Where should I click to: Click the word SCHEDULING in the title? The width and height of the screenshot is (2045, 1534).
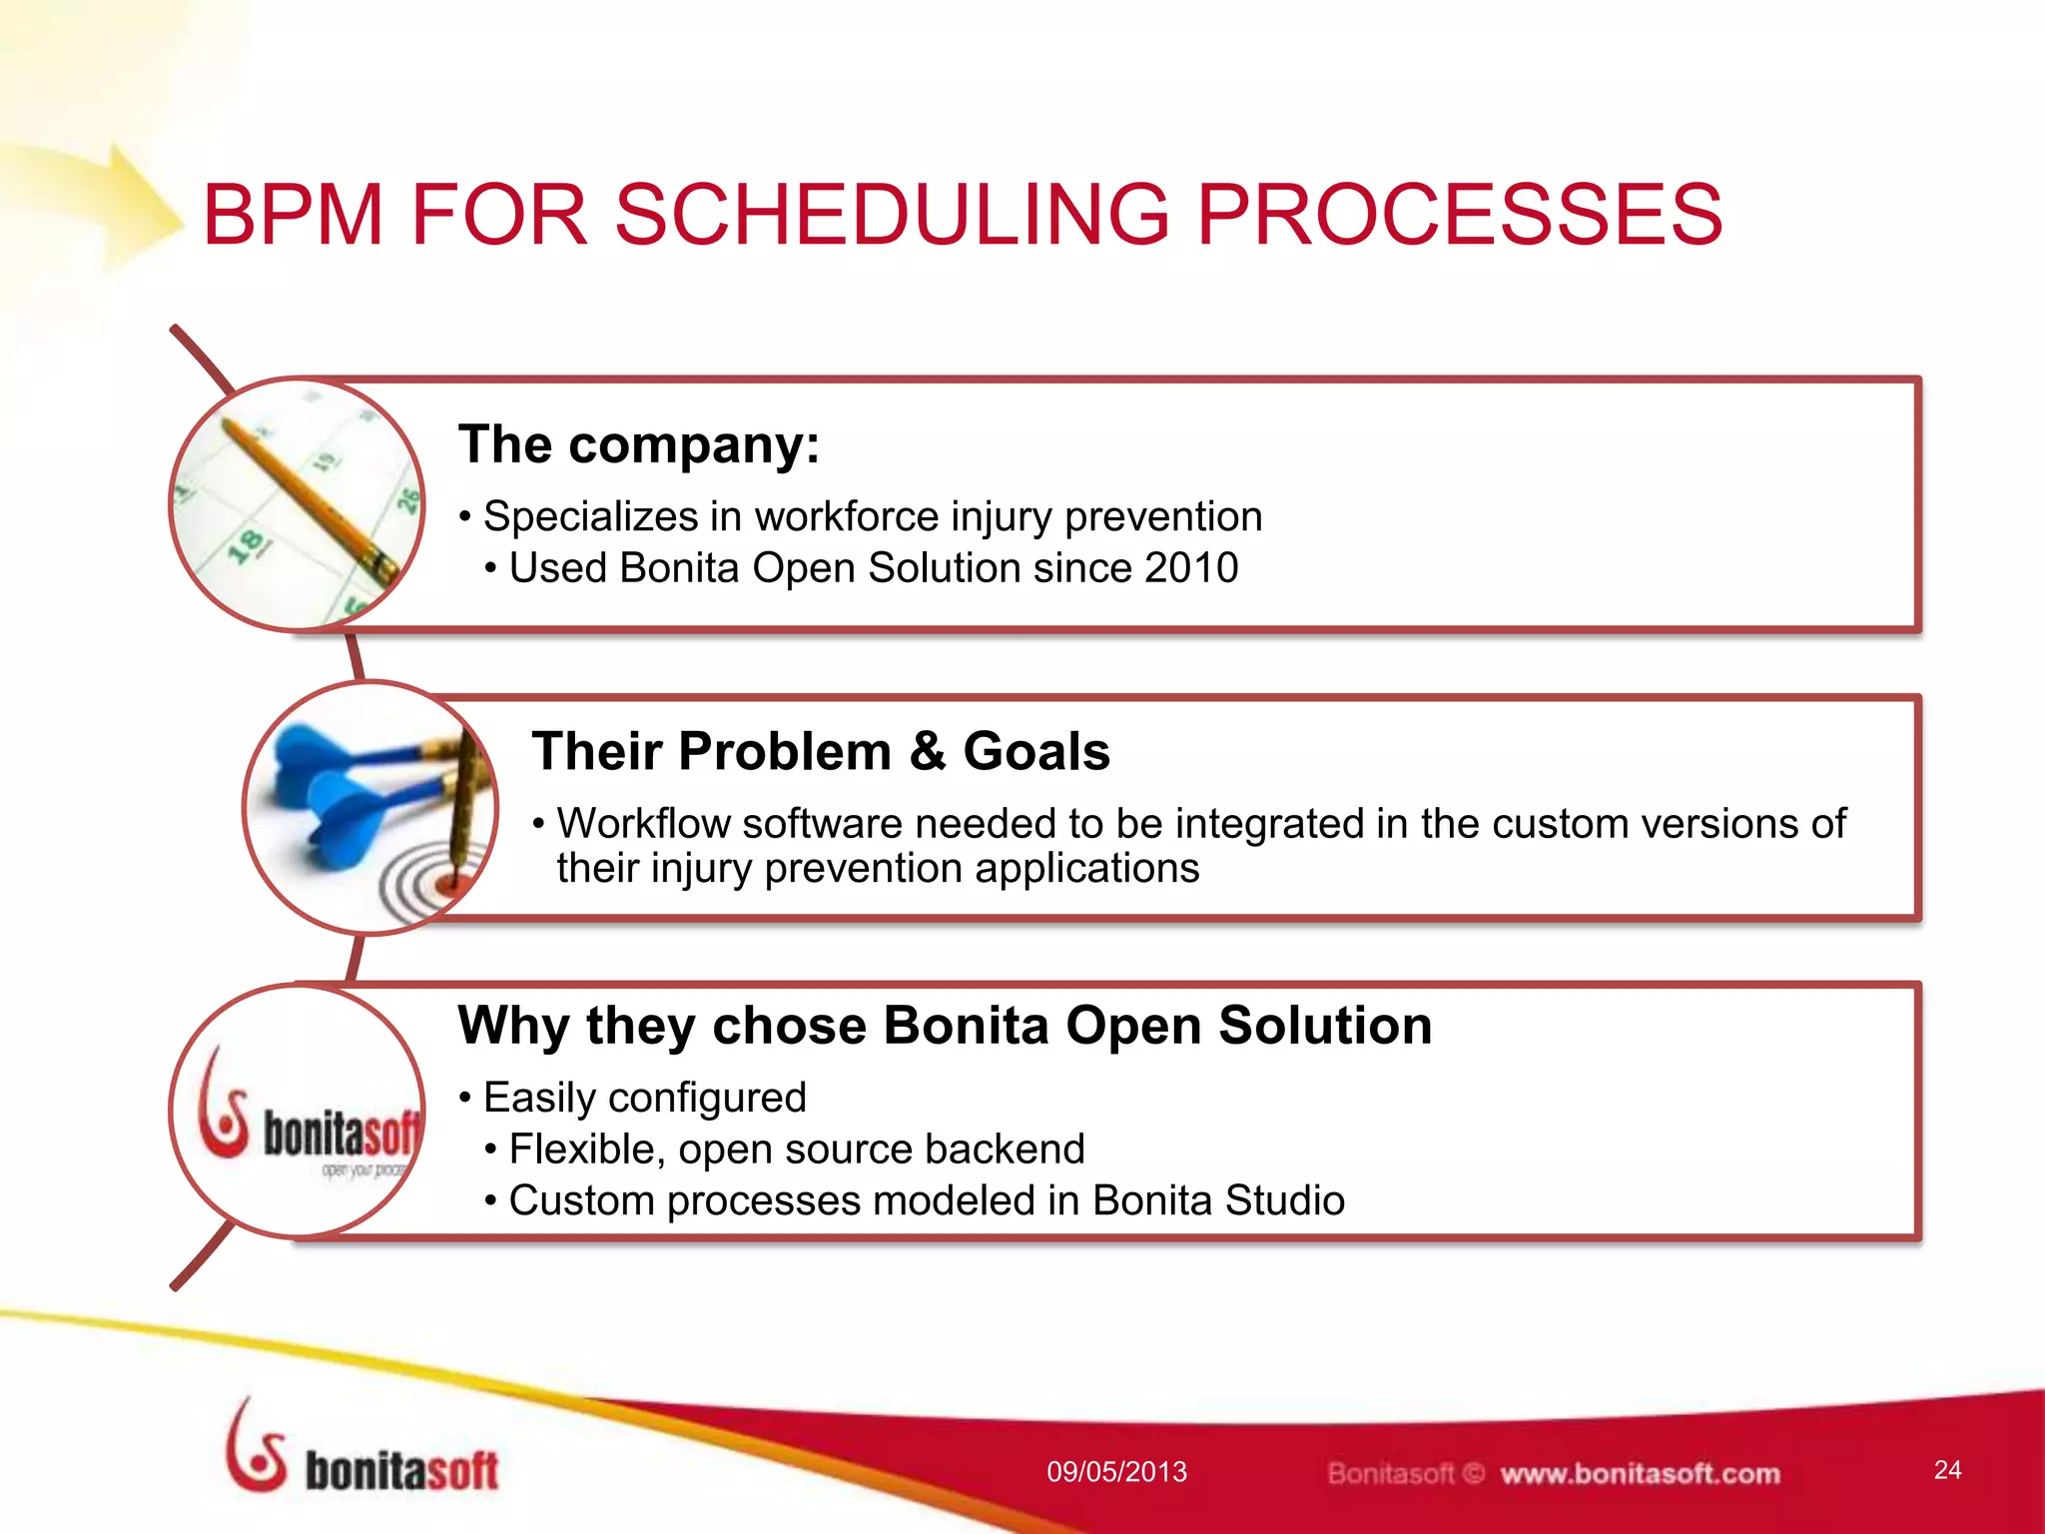(x=892, y=215)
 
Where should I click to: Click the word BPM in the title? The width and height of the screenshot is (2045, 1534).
(x=293, y=215)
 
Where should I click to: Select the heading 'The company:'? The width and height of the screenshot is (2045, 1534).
(x=639, y=444)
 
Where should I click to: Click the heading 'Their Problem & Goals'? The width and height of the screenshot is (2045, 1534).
(x=820, y=751)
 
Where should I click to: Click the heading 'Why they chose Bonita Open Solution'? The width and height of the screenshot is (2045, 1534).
(x=945, y=1026)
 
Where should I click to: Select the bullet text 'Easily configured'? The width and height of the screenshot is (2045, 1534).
(x=644, y=1098)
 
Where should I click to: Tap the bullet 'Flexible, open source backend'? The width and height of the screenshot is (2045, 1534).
(x=796, y=1150)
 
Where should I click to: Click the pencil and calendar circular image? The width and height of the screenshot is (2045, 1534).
(x=297, y=504)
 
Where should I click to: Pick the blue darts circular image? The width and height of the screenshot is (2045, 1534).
(x=369, y=807)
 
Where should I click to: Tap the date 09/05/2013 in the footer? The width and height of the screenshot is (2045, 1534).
(x=1116, y=1472)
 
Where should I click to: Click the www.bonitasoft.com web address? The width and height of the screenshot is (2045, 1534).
(x=1640, y=1474)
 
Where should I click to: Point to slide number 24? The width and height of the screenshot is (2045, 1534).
(x=1947, y=1470)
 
